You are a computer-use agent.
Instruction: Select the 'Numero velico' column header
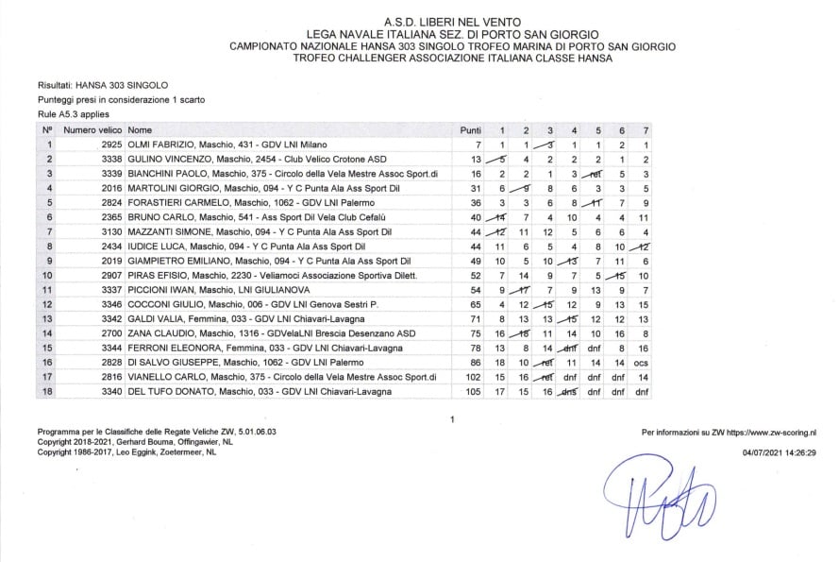tap(92, 129)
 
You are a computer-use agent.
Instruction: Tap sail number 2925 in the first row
tap(111, 145)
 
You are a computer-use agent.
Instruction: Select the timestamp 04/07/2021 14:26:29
tap(780, 452)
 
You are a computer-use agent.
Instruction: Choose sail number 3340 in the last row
tap(111, 391)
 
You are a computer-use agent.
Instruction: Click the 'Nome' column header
tap(140, 129)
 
